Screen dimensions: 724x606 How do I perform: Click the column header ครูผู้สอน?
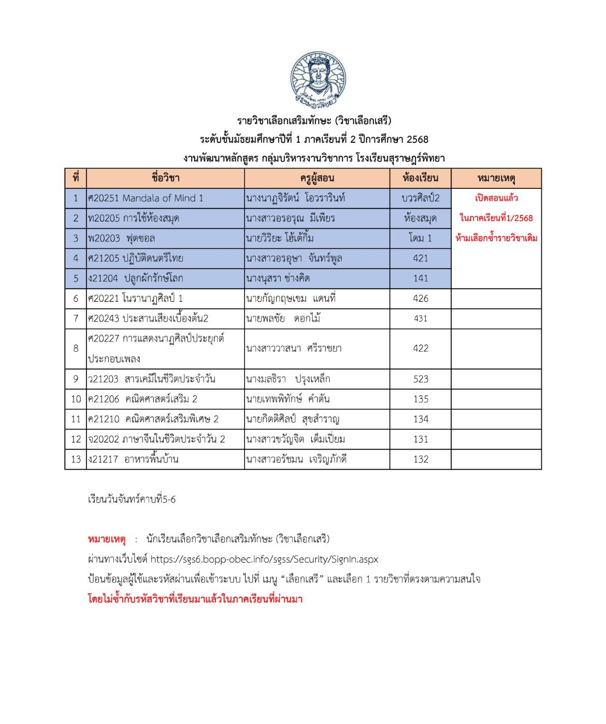tap(317, 179)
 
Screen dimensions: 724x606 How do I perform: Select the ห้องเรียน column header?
tap(420, 179)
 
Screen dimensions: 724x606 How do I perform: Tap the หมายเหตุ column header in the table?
tap(496, 179)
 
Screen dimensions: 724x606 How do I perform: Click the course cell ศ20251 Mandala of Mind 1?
tap(146, 198)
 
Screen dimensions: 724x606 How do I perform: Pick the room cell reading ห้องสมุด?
tap(420, 218)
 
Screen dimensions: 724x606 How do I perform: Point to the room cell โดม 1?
tap(420, 239)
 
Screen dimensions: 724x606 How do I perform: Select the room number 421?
tap(420, 258)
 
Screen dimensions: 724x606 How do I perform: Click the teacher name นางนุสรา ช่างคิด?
tap(278, 278)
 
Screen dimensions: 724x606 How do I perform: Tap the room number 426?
tap(420, 299)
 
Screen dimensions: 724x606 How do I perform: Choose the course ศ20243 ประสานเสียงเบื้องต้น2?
tap(149, 319)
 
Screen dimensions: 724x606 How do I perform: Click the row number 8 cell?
tap(76, 348)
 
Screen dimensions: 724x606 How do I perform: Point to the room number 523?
tap(420, 379)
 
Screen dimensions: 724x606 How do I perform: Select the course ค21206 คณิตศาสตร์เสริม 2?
tap(143, 399)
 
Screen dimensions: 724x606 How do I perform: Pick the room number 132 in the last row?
tap(420, 460)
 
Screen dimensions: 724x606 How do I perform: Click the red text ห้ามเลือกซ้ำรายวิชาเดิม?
tap(496, 239)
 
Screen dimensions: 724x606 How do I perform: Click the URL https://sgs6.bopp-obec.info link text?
tap(264, 559)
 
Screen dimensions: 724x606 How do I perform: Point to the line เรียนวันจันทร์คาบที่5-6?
tap(132, 500)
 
